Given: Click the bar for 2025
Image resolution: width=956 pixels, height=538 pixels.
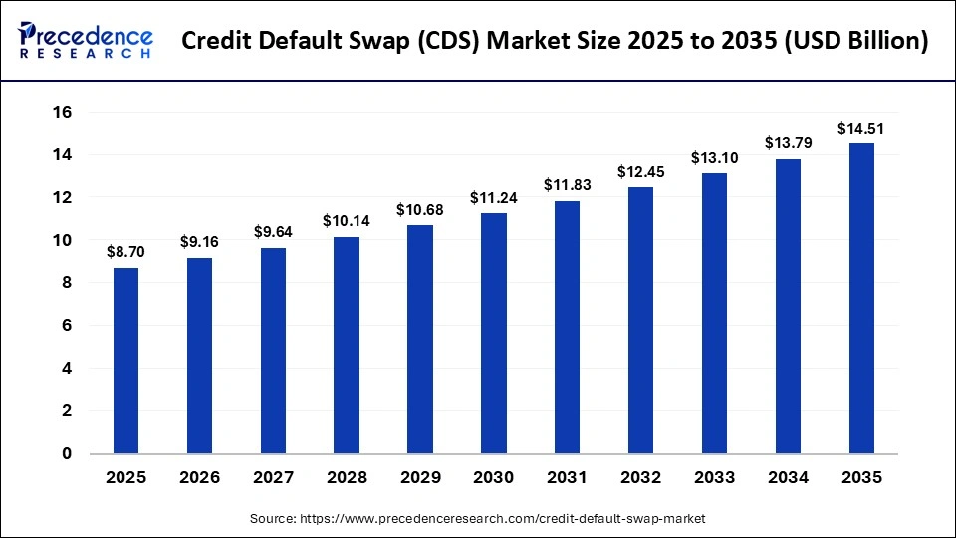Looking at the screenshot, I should coord(125,361).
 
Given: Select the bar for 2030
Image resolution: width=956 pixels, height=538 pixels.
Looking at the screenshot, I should coord(493,333).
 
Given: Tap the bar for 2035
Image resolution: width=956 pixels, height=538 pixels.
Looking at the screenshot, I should coord(861,298).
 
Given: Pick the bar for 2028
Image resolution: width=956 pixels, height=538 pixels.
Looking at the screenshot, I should coord(347,345).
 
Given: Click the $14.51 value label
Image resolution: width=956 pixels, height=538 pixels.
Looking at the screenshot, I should coord(861,129).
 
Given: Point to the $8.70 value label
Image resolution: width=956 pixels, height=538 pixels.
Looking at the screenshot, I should coord(125,253).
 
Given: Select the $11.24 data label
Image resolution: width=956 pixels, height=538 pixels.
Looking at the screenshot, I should coord(493,197).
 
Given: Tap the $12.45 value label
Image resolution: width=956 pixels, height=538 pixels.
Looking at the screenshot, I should coord(640,171).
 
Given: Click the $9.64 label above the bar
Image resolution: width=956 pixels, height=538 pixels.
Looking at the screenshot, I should coord(273,232).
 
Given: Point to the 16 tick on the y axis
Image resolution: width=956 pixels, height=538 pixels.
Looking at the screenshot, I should coord(63,113).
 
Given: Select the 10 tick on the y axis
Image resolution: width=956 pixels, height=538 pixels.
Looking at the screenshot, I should coord(63,240).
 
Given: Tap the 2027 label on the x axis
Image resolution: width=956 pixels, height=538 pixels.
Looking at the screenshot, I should coord(273,478).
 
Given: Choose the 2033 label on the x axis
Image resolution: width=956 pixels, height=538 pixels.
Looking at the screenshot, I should coord(714,478).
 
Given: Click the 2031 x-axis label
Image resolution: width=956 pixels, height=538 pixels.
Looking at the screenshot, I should coord(567,478).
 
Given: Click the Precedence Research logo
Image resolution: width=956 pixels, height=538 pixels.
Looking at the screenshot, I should coord(86,40).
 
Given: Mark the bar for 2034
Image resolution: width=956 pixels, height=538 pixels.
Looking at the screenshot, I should coord(788,306).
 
